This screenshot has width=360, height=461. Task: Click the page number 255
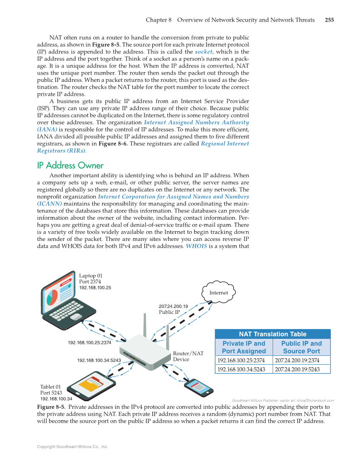click(329, 20)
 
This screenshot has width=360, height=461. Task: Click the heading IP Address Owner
click(70, 165)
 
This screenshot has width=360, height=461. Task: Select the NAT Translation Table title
click(272, 334)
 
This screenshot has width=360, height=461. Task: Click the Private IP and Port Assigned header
click(243, 347)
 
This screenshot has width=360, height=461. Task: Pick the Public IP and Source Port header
click(301, 347)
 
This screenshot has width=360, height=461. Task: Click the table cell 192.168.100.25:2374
click(241, 360)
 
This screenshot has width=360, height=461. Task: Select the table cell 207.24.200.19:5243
click(297, 369)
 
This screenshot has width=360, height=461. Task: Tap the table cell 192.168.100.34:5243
click(241, 369)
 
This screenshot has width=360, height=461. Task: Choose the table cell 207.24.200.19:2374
click(297, 360)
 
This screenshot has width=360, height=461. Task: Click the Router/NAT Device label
click(188, 356)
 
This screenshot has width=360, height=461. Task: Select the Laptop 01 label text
click(91, 276)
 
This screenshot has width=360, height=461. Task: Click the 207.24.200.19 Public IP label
click(173, 309)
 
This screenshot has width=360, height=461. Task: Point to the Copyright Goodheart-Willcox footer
click(73, 447)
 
